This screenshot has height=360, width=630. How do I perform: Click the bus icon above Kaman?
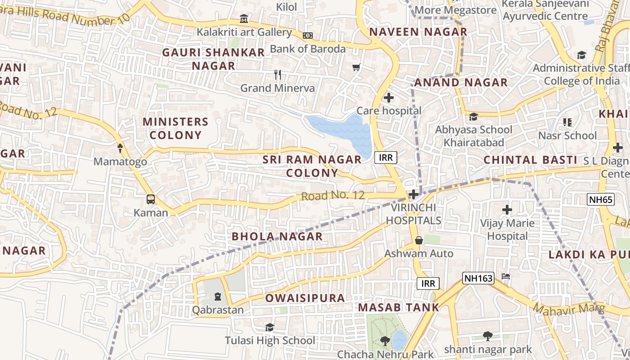click(x=151, y=199)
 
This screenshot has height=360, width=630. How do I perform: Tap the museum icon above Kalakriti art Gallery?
click(x=244, y=19)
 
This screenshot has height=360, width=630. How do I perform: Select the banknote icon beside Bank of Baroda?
click(x=308, y=36)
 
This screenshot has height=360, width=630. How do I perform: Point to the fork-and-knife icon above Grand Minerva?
click(x=278, y=75)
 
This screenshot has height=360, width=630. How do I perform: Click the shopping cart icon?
click(x=356, y=67)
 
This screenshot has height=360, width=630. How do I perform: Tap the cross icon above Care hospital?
click(x=389, y=97)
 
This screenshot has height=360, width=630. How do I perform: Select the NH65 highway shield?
click(x=600, y=199)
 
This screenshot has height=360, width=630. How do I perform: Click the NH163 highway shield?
click(x=478, y=278)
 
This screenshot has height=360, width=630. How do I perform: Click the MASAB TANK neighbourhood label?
click(x=398, y=308)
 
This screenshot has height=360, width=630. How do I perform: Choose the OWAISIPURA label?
click(x=305, y=298)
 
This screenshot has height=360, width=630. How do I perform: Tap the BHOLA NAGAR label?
click(x=277, y=236)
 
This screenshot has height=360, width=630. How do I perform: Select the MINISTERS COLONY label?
click(x=175, y=128)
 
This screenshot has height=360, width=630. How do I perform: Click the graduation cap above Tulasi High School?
click(x=270, y=327)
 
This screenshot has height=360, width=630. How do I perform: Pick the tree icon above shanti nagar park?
click(x=487, y=336)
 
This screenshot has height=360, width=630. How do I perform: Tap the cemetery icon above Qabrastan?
click(x=218, y=297)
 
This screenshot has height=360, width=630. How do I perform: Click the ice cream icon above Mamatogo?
click(x=120, y=148)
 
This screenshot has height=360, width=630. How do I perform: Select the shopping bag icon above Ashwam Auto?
click(x=418, y=240)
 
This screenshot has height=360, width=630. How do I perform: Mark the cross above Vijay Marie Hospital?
click(x=507, y=209)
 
